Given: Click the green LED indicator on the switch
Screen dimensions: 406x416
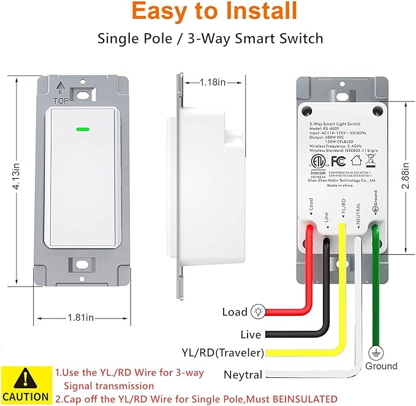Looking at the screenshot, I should (81, 130).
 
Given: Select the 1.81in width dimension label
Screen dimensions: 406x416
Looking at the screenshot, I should (81, 317).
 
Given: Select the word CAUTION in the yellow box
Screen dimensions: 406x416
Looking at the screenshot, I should (25, 396).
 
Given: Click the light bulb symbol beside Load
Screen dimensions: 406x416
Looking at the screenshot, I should (259, 312).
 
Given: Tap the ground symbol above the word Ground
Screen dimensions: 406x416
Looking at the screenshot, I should (372, 353).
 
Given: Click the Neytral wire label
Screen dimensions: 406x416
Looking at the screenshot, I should (243, 375).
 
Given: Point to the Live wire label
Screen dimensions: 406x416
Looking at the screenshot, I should (251, 334).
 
